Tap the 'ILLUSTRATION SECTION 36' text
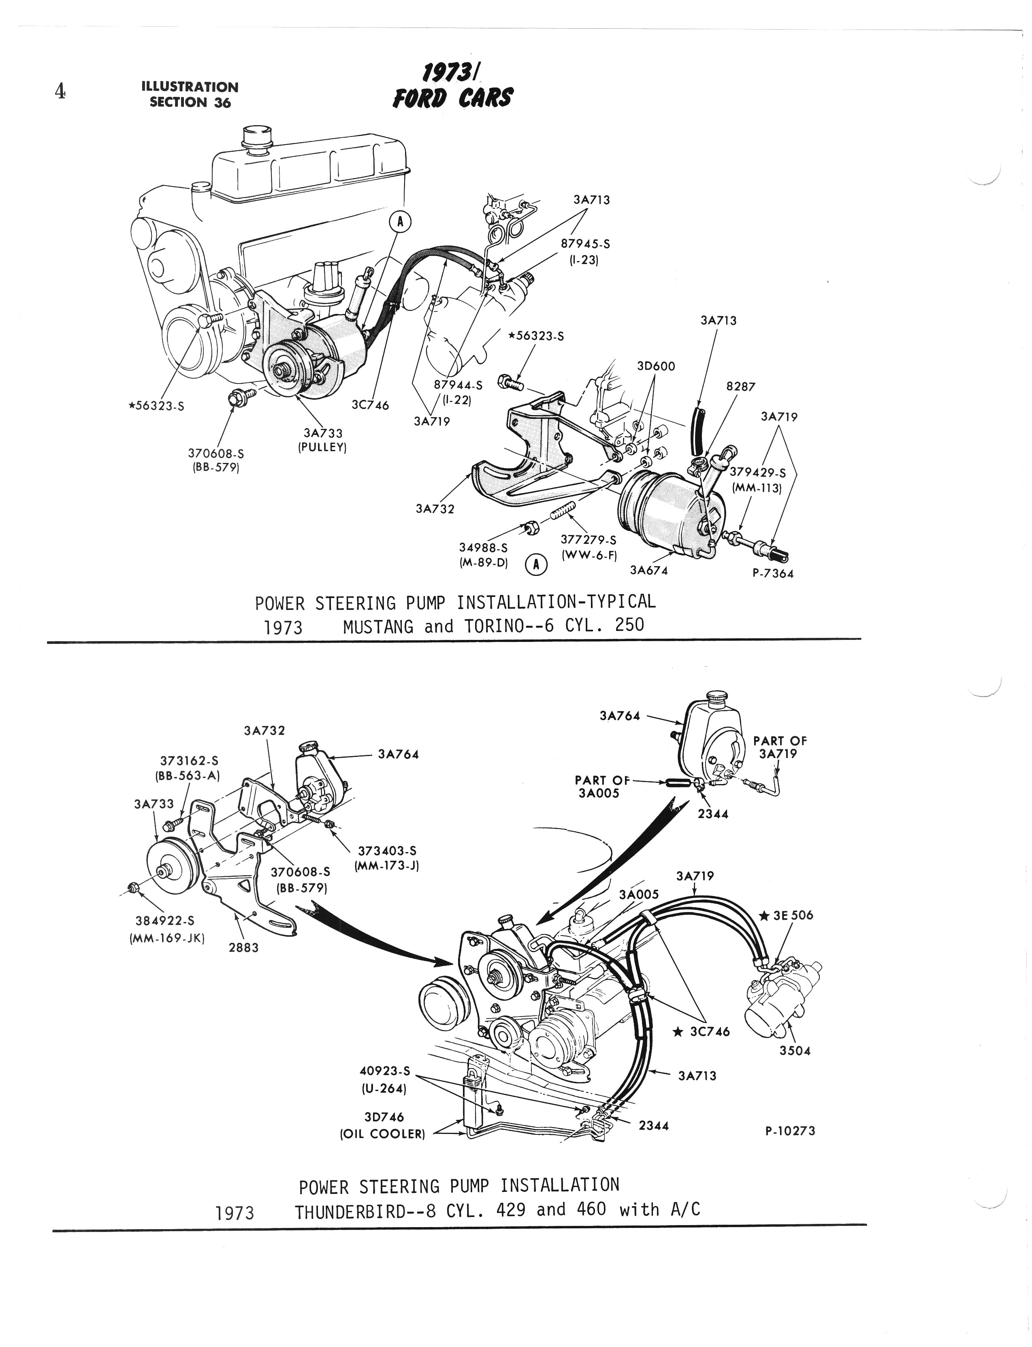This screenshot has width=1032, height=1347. click(190, 95)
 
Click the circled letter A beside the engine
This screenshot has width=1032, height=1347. click(400, 222)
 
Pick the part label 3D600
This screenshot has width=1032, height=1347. click(656, 366)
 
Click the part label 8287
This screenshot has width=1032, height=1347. click(740, 386)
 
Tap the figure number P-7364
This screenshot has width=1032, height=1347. click(773, 574)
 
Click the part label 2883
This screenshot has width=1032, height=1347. click(244, 947)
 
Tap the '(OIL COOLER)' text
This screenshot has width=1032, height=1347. click(382, 1134)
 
